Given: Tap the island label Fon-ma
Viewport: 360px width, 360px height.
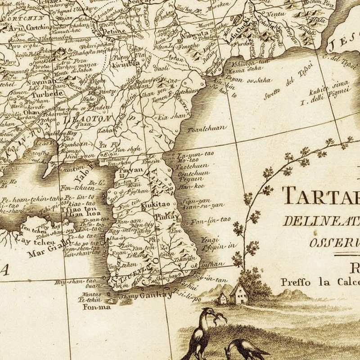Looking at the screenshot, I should pyautogui.click(x=93, y=308).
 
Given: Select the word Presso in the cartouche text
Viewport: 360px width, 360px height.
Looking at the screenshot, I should pyautogui.click(x=293, y=283).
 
